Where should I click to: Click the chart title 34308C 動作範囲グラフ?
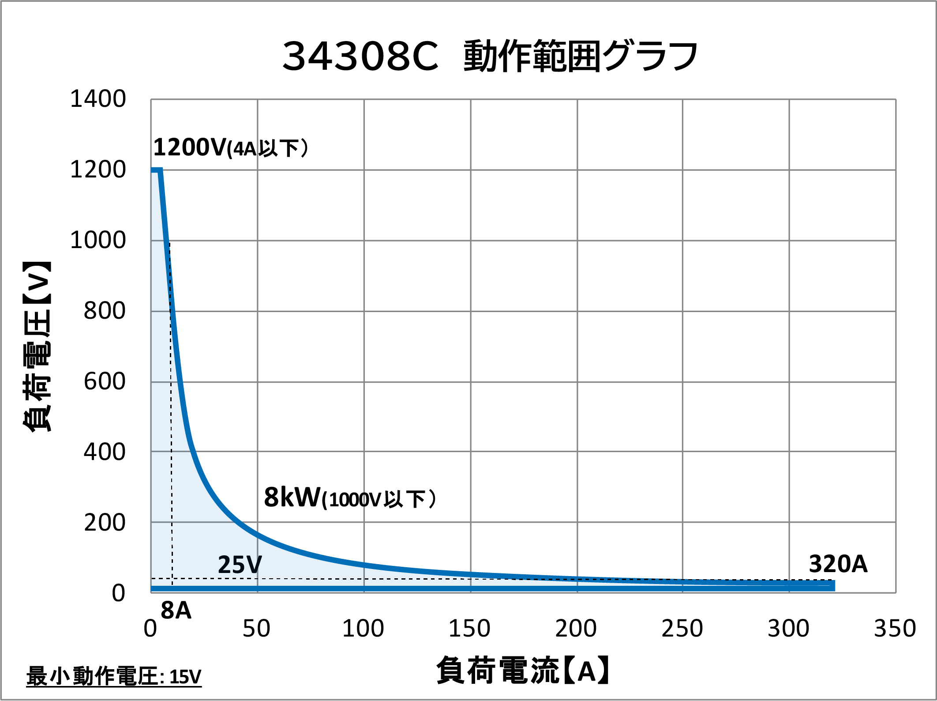[490, 56]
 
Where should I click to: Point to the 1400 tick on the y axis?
[98, 99]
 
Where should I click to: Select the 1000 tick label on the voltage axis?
[98, 241]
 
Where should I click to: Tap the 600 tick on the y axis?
[105, 381]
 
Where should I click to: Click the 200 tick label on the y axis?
[105, 523]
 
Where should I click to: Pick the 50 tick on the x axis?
[256, 628]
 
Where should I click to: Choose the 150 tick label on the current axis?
[469, 628]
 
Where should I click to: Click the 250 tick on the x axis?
[682, 628]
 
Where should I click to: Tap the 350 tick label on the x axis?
[895, 628]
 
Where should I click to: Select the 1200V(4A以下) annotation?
[231, 147]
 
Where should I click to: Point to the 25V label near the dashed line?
[240, 565]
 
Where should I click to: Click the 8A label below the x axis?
[176, 611]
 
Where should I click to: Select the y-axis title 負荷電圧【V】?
[37, 347]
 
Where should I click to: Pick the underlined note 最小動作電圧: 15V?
[114, 676]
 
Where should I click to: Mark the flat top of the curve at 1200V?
[156, 170]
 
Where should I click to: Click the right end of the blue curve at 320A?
[832, 585]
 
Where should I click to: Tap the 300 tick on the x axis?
[788, 628]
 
